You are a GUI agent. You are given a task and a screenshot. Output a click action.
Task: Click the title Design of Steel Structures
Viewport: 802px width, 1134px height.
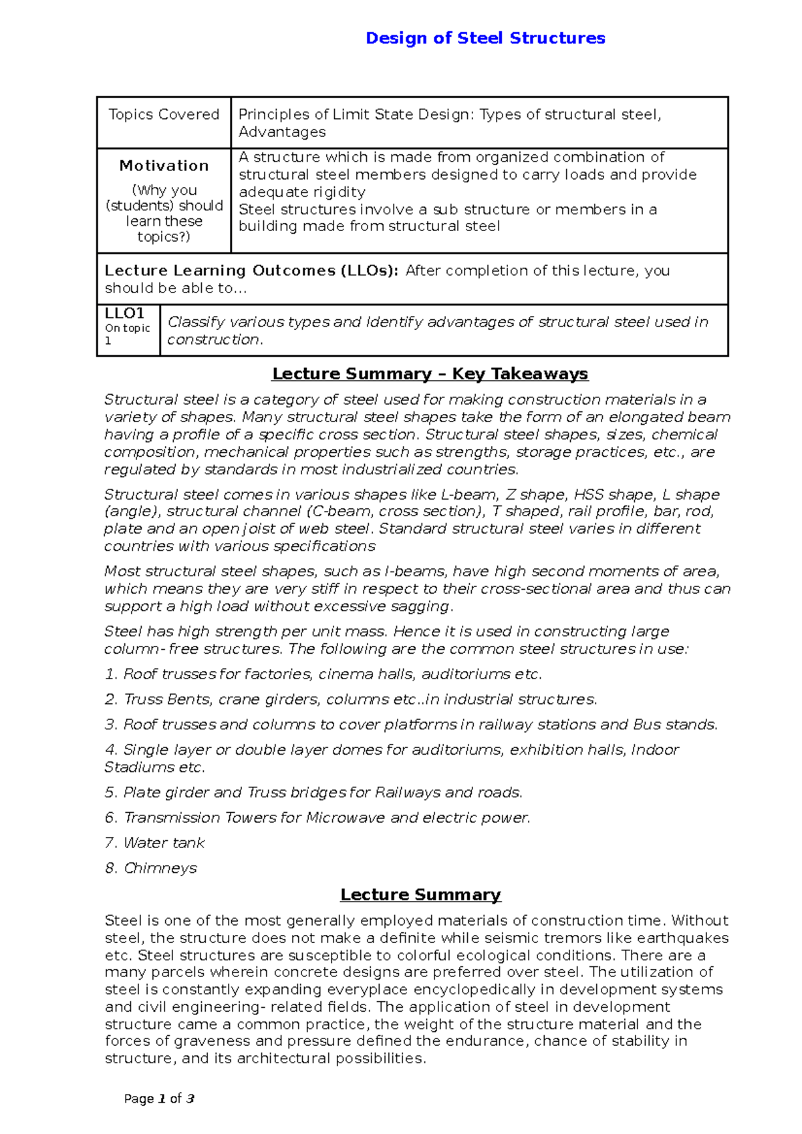coord(485,38)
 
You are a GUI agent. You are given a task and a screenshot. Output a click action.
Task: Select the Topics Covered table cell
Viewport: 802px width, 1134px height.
coord(164,115)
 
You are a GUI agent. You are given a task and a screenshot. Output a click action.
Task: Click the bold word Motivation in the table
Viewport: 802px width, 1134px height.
coord(164,166)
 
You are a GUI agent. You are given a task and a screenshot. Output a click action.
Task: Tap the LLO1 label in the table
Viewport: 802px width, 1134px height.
coord(124,313)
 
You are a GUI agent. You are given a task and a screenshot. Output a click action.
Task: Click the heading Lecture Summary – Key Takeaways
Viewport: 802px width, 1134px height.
coord(430,374)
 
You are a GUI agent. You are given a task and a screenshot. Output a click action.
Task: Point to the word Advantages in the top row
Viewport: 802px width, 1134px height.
coord(282,132)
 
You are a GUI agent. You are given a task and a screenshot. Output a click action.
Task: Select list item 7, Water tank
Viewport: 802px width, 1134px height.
coord(154,843)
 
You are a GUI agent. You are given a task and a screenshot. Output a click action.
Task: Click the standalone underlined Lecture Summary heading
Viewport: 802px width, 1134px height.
coord(420,895)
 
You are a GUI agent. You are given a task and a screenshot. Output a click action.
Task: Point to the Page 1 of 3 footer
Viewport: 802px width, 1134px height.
coord(159,1099)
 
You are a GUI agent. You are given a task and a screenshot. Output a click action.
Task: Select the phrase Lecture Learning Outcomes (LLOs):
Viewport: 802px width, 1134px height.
coord(251,271)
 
